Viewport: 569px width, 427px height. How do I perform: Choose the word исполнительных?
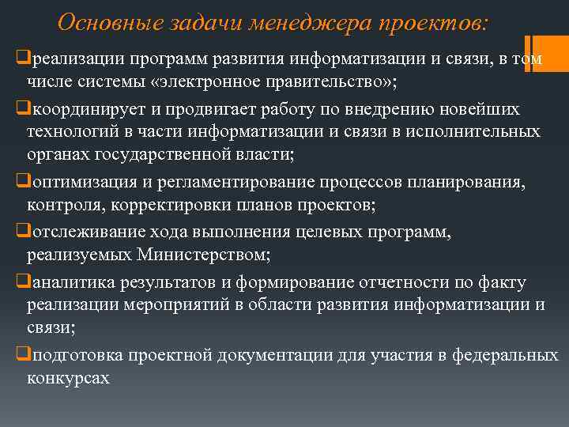tap(473, 132)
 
